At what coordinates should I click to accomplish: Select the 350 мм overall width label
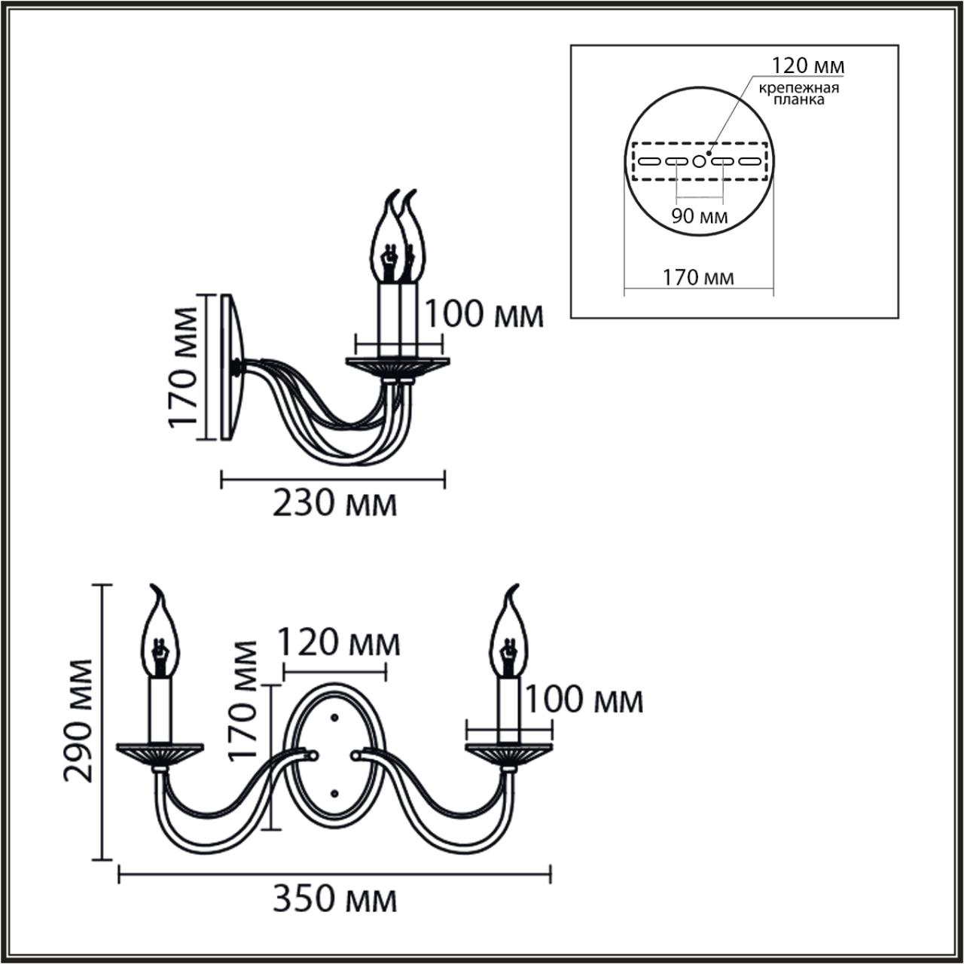coord(334,898)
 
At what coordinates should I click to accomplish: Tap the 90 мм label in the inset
coord(700,218)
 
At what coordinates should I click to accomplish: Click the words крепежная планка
coord(798,94)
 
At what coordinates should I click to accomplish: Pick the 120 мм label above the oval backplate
coord(339,644)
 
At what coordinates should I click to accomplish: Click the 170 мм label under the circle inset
coord(698,278)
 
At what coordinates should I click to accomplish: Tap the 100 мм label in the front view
coord(584,700)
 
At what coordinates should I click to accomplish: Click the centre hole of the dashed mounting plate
coord(700,161)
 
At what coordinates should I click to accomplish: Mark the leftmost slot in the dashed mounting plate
coord(649,161)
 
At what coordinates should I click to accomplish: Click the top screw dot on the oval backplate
coord(334,717)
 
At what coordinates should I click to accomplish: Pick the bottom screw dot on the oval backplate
coord(334,792)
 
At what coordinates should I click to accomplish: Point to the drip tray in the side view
coord(397,366)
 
